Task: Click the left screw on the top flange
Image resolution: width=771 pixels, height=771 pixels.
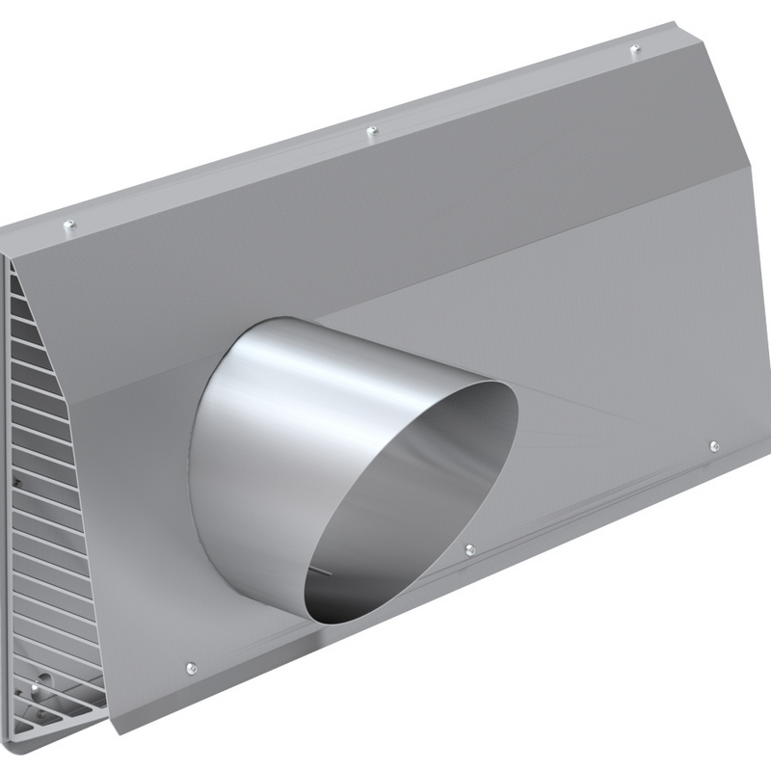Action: pyautogui.click(x=68, y=226)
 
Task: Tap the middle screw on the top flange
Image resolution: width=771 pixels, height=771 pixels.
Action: pyautogui.click(x=373, y=131)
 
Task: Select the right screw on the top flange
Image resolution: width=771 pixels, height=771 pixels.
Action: pyautogui.click(x=634, y=49)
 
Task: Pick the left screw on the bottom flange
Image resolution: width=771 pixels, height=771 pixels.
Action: pyautogui.click(x=192, y=668)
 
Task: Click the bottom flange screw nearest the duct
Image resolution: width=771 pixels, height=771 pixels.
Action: pyautogui.click(x=469, y=549)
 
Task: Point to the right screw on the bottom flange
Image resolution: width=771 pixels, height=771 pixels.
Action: pyautogui.click(x=713, y=445)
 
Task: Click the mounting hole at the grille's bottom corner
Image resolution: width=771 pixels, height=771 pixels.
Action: pyautogui.click(x=35, y=688)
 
